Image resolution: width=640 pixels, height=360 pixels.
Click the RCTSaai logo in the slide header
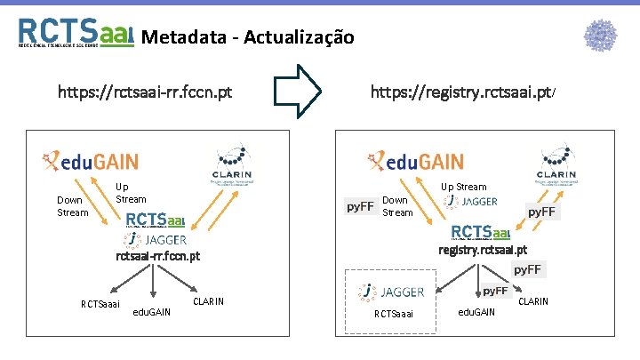point(76,33)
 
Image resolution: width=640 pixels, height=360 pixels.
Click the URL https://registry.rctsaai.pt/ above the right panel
point(463,92)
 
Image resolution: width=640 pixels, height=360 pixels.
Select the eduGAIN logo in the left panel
point(90,161)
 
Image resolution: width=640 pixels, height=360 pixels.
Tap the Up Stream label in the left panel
point(131,193)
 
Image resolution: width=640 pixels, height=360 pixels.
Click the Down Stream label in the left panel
point(72,206)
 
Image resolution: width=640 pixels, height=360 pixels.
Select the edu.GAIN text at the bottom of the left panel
point(152,311)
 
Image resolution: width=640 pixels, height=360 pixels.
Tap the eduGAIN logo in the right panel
point(415,161)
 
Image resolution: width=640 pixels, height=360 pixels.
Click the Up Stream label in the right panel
point(464,187)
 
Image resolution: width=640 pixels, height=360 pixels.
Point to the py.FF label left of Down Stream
point(359,207)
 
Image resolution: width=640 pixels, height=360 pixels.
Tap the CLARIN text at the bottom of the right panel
point(533,302)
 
